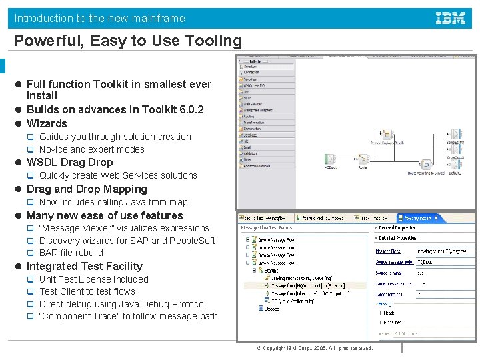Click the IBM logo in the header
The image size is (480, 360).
[x=451, y=18]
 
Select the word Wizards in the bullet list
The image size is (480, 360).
[x=47, y=123]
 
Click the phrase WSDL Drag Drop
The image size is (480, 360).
[x=69, y=163]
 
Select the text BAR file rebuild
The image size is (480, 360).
[x=71, y=253]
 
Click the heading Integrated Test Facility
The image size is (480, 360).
[x=84, y=267]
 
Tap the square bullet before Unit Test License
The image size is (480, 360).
[x=30, y=280]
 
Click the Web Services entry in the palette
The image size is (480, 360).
[x=253, y=104]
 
